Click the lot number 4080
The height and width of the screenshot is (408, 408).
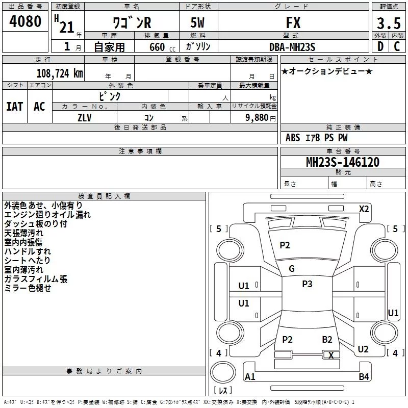(x=25, y=21)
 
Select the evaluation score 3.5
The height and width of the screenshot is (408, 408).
(x=388, y=23)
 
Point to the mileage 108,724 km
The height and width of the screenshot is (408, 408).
(x=60, y=73)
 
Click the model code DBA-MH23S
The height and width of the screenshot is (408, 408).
(x=292, y=47)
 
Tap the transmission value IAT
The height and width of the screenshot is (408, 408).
(x=14, y=106)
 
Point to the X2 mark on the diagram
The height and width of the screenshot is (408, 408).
(x=364, y=209)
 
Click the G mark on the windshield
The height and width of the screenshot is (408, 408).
(x=292, y=269)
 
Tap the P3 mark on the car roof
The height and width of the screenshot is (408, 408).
(x=307, y=284)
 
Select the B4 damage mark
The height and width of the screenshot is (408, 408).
(x=364, y=377)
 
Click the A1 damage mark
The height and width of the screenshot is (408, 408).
(x=250, y=377)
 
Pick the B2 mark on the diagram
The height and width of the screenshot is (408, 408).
(x=327, y=340)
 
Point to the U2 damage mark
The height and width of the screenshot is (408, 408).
(x=363, y=349)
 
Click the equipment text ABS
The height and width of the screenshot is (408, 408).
(x=293, y=138)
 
